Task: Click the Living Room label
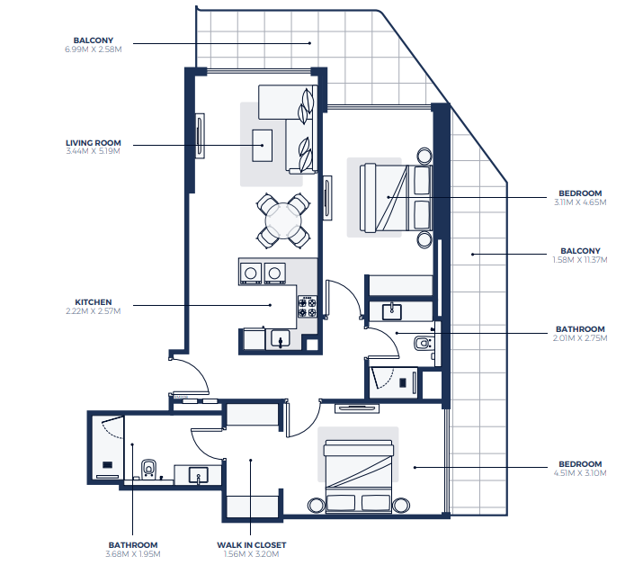[x=94, y=143]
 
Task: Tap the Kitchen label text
[x=94, y=302]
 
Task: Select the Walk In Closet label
[x=252, y=545]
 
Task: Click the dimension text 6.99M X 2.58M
[x=94, y=49]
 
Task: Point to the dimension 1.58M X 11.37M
[x=580, y=260]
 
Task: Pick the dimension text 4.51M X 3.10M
[x=580, y=473]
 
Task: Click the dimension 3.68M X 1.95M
[x=133, y=554]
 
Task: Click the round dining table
[x=283, y=220]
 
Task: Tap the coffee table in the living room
[x=262, y=145]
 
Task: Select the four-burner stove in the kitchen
[x=308, y=307]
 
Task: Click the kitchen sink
[x=281, y=339]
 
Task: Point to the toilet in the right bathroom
[x=423, y=343]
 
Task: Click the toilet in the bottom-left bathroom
[x=148, y=469]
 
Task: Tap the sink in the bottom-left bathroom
[x=199, y=475]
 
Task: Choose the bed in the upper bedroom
[x=396, y=198]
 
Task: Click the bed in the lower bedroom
[x=359, y=477]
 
